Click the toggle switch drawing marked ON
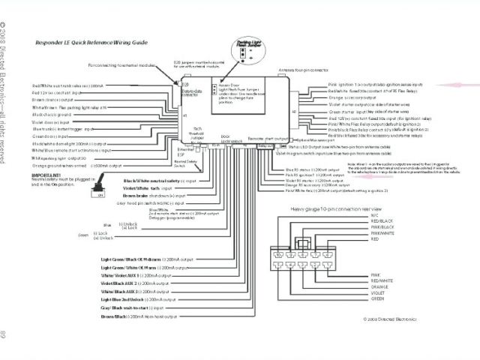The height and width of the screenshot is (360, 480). point(98,191)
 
